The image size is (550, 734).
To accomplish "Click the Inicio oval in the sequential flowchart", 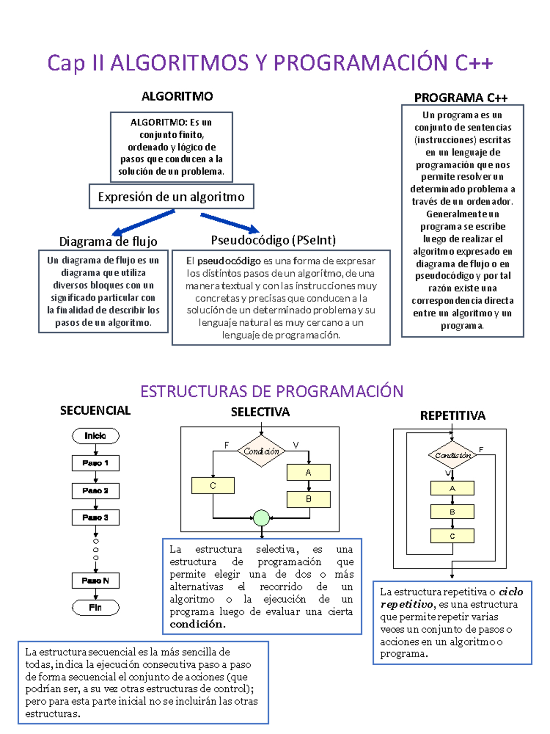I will click(95, 436).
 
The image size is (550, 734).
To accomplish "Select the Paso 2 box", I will click(95, 491).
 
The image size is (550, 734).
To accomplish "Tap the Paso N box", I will click(95, 581).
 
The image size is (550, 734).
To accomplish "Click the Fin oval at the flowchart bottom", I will click(95, 607).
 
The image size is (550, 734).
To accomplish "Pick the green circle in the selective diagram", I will click(261, 518).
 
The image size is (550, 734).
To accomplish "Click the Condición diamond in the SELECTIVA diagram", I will click(261, 451).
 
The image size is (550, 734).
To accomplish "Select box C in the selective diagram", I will click(213, 485).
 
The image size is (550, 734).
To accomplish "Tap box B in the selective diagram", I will click(308, 499).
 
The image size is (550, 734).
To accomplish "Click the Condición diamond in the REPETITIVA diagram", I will click(452, 455).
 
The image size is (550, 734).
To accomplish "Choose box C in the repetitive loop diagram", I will click(452, 536).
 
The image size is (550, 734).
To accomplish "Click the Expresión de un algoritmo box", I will click(171, 197).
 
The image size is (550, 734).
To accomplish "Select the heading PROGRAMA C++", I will click(461, 98).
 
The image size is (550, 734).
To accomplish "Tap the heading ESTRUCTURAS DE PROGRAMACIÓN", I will click(271, 391).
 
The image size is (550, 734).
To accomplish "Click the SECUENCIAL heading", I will click(95, 411).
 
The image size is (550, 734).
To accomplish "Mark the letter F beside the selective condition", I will click(226, 445).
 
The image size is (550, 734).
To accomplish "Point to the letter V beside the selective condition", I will click(296, 445).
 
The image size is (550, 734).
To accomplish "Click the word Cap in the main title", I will click(66, 63).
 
